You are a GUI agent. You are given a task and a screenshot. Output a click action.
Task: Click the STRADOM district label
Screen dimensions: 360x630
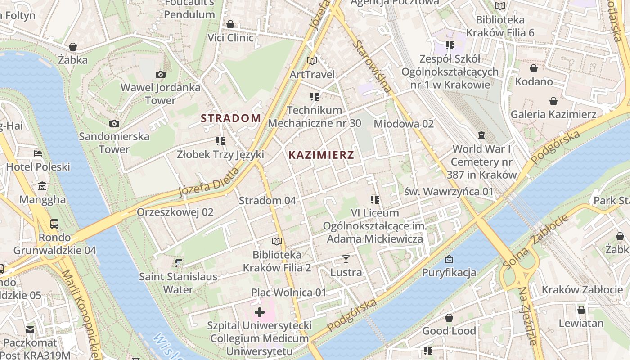[x=230, y=118]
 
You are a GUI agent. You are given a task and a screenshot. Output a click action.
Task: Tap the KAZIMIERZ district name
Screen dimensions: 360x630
[x=321, y=155]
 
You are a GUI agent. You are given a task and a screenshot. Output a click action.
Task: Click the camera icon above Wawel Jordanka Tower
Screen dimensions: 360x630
[x=160, y=74]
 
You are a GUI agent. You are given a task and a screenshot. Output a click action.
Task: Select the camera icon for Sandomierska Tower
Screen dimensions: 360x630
[x=114, y=123]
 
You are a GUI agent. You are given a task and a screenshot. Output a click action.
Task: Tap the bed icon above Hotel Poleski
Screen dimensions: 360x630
[x=38, y=153]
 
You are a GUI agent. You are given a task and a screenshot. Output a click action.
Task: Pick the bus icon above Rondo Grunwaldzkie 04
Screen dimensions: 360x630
[x=54, y=224]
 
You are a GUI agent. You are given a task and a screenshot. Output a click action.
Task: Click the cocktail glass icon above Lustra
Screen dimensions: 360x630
[x=346, y=259]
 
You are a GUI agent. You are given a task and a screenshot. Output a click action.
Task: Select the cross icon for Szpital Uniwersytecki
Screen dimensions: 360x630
[x=259, y=312]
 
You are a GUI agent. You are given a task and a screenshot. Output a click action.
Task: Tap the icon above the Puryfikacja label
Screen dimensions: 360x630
[x=449, y=259]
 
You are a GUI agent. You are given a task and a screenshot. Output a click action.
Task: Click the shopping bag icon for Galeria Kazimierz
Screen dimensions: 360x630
[x=553, y=101]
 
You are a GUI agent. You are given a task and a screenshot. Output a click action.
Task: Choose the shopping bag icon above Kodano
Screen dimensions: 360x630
[x=534, y=68]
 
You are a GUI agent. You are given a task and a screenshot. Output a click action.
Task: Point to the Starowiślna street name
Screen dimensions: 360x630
[x=373, y=67]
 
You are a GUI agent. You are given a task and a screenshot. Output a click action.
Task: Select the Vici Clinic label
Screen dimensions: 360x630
[x=230, y=37]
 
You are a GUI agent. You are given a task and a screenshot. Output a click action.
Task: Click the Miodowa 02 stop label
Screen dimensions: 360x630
[x=404, y=124]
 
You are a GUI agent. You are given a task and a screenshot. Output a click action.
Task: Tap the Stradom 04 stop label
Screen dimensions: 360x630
[x=267, y=201]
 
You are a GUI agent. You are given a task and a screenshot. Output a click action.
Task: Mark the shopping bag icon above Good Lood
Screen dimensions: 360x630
[x=449, y=318]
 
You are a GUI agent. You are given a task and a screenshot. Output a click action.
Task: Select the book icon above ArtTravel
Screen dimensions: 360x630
[x=312, y=61]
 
